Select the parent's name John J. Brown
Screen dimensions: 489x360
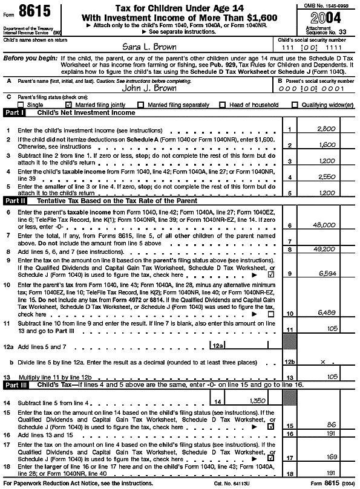tap(149, 87)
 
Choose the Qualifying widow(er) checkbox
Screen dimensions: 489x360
tap(295, 105)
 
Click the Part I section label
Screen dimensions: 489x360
tap(15, 112)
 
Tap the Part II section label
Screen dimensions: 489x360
tap(15, 200)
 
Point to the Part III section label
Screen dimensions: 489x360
tap(16, 385)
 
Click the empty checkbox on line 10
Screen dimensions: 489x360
tap(270, 314)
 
